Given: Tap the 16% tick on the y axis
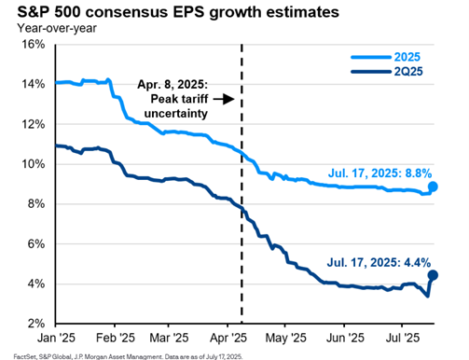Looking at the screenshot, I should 34,45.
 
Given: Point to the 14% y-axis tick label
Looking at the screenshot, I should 34,84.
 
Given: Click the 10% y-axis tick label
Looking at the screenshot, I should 34,164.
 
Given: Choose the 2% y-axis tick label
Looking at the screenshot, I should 36,323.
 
